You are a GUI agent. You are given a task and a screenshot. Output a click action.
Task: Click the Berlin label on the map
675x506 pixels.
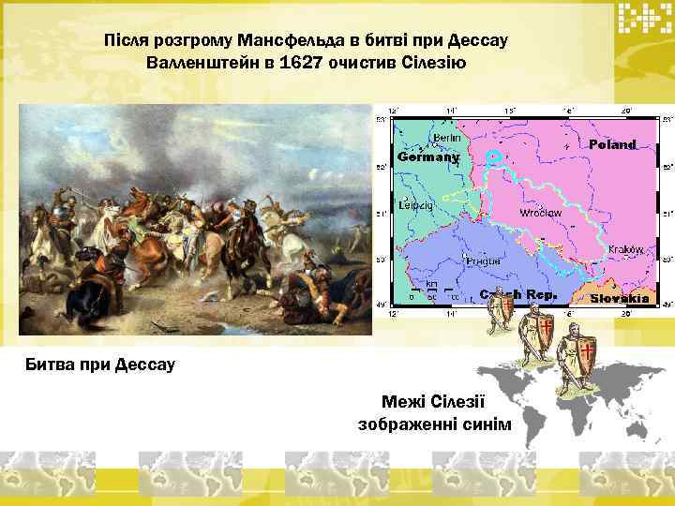coord(447,138)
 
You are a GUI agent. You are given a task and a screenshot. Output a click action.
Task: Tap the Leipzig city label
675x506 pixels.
coord(414,204)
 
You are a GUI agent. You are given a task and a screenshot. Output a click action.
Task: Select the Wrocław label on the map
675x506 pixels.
coord(541,213)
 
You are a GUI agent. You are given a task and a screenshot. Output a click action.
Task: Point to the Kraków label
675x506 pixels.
coord(623,249)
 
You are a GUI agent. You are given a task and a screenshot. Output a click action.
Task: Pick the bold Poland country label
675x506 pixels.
coord(613,144)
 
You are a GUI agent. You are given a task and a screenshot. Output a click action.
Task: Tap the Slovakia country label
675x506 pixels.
coord(620,298)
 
